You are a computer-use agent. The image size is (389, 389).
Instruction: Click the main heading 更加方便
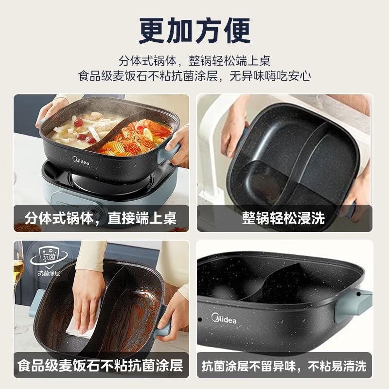194,31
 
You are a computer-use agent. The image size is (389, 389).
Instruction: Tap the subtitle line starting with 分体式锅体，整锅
194,61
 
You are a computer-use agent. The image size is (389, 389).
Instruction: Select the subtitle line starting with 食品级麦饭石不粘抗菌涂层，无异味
194,76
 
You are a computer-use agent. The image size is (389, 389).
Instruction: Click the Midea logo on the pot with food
81,161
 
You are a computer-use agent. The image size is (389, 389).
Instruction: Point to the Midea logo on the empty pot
224,318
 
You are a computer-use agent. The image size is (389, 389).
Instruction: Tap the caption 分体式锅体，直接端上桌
101,218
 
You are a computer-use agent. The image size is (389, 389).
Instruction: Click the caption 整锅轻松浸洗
283,218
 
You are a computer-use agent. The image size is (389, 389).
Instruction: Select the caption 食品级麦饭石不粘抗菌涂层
100,366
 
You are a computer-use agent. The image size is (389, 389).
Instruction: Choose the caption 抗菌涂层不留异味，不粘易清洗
284,366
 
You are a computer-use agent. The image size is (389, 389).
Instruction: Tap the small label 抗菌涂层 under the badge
49,273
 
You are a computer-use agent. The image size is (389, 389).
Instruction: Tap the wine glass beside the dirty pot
19,285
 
